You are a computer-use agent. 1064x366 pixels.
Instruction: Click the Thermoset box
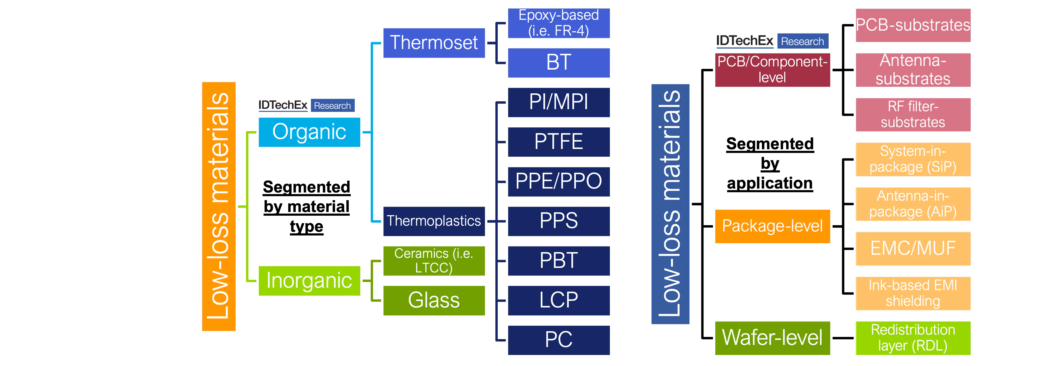click(x=434, y=43)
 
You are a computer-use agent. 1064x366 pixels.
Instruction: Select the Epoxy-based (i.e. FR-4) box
click(x=558, y=23)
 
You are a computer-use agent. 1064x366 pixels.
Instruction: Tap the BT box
click(x=558, y=62)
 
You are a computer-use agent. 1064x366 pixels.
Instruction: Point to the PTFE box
click(x=558, y=142)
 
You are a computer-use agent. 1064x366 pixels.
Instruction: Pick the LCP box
click(x=558, y=300)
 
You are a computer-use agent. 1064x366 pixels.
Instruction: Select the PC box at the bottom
click(x=558, y=340)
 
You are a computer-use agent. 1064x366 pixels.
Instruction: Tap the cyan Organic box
click(x=309, y=132)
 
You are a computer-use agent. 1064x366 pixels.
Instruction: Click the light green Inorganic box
click(x=309, y=281)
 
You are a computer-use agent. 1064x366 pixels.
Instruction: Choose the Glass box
click(x=434, y=300)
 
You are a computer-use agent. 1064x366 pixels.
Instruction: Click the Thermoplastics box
click(x=434, y=221)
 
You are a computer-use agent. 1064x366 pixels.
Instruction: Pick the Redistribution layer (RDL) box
click(x=912, y=338)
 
